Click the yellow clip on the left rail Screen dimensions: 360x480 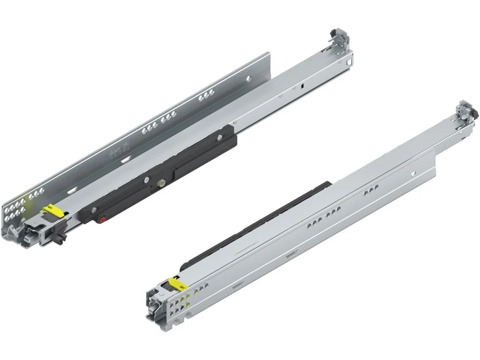click(50, 210)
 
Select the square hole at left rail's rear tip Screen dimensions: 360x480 click(349, 62)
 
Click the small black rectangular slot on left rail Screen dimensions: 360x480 click(303, 86)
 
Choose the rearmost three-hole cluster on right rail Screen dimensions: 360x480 click(371, 192)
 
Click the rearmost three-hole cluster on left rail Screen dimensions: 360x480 click(205, 96)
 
